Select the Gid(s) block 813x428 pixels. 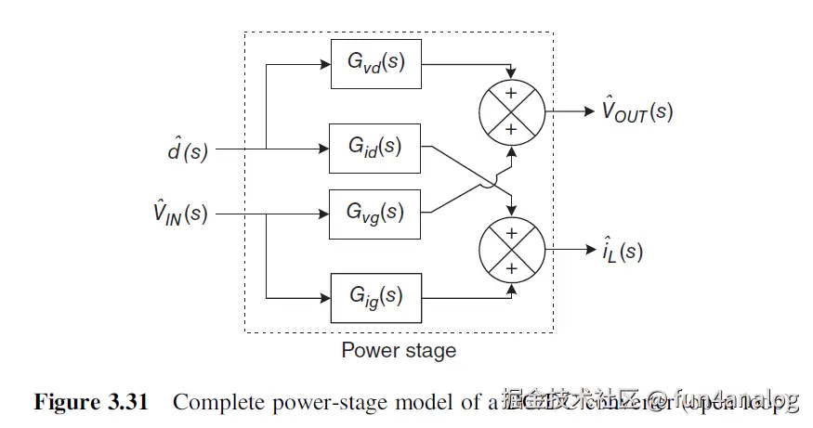point(375,148)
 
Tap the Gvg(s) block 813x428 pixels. point(375,214)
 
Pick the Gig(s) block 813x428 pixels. point(375,297)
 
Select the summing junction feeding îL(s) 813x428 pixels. point(510,250)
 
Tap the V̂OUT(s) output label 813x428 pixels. point(636,111)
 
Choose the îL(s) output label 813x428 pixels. point(621,251)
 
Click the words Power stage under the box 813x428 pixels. point(399,351)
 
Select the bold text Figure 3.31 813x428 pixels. point(90,402)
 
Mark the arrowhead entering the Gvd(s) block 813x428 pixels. point(324,66)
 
